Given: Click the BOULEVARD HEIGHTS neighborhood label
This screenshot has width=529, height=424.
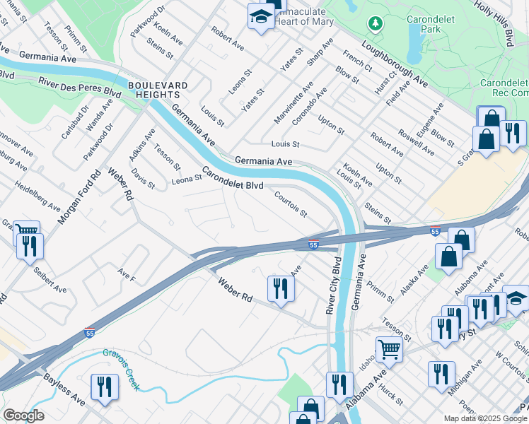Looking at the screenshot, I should pos(158,90).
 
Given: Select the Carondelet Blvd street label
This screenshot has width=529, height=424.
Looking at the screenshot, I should pos(233,178).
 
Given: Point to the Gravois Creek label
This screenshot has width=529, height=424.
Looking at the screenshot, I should pos(121,367).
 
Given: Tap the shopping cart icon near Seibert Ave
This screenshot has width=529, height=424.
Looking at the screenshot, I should pos(26,231).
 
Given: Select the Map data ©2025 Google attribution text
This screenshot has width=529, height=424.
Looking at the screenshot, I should pos(485,418).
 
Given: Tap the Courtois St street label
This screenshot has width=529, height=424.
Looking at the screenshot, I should pos(291,203).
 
